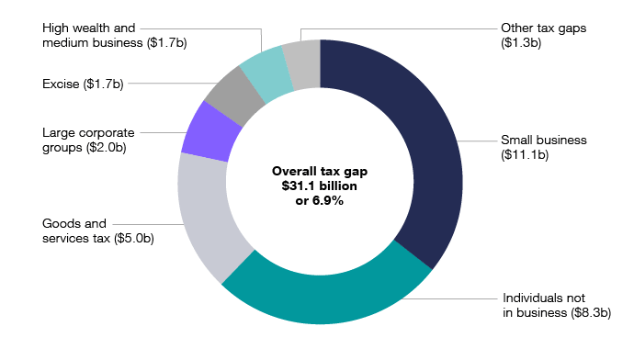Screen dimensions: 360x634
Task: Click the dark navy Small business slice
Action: [x=423, y=138]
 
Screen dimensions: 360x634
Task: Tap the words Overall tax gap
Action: [x=319, y=172]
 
